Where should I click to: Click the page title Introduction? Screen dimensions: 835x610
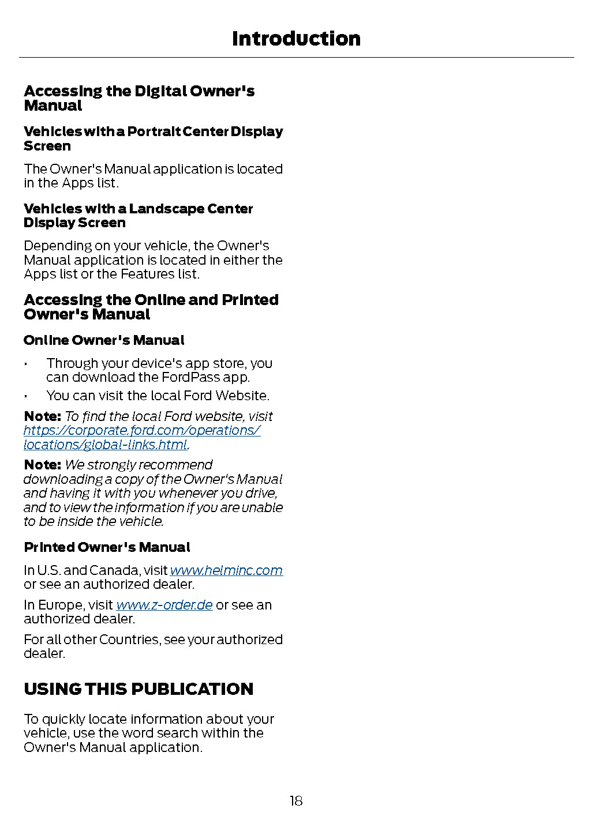coord(296,39)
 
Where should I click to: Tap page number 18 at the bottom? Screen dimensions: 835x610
coord(296,800)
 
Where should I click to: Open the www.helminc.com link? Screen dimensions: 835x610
coord(226,570)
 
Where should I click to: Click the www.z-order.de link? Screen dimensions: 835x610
coord(164,605)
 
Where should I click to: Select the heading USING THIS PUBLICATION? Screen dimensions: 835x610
coord(139,689)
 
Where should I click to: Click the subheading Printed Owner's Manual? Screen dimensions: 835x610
coord(107,547)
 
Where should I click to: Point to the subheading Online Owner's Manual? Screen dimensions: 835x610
coord(104,340)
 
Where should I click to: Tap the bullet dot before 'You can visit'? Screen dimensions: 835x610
coord(26,396)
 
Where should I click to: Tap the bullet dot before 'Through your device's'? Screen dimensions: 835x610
coord(26,364)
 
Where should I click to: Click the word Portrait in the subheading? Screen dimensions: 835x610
coord(154,131)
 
